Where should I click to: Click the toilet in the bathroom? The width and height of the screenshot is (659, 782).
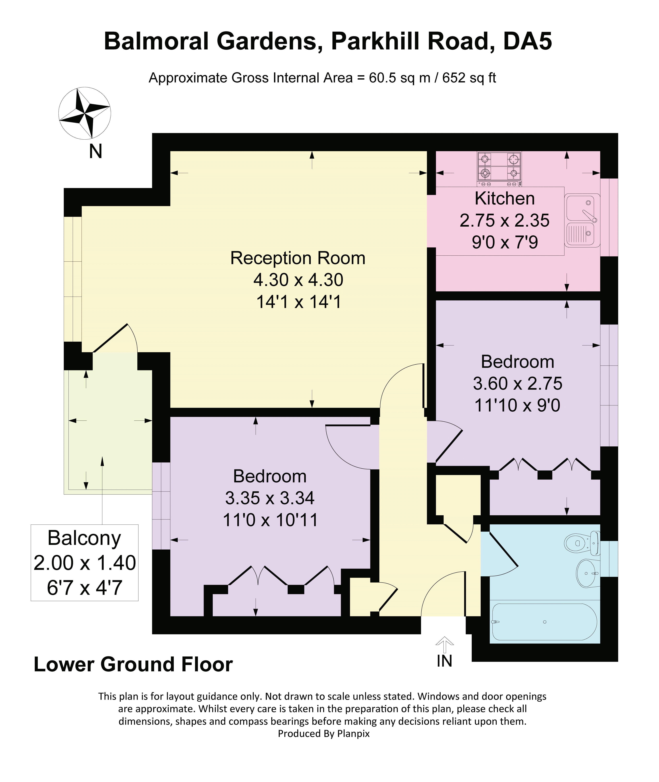point(582,543)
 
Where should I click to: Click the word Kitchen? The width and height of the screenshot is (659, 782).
point(505,198)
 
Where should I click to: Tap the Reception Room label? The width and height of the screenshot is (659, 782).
point(298,258)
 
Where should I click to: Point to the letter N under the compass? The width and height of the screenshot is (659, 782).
point(96,152)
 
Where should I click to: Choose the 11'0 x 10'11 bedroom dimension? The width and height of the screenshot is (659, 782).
point(270,520)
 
